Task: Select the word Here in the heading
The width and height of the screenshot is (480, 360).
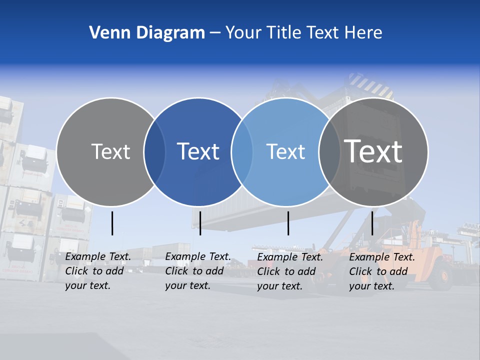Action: [x=363, y=33]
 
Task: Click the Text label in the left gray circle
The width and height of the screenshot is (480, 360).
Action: [x=110, y=151]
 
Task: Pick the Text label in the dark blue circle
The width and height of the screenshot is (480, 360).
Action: [x=198, y=151]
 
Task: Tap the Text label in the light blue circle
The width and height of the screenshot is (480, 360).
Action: [x=285, y=151]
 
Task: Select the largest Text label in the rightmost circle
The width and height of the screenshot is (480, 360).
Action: [x=373, y=151]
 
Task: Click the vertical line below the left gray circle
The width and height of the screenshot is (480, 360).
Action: [x=112, y=223]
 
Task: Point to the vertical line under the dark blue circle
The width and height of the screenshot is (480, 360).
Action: [x=200, y=223]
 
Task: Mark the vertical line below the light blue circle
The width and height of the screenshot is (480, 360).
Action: [x=288, y=223]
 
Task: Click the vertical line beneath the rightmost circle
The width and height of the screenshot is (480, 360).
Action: [x=372, y=223]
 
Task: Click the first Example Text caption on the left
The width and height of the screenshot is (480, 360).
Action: [x=98, y=271]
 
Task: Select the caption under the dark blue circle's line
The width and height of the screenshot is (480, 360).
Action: [x=198, y=271]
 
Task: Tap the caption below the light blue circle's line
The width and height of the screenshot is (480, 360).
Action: [x=290, y=271]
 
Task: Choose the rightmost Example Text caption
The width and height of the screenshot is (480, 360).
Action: [x=382, y=271]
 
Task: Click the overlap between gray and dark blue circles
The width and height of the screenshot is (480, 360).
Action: [x=154, y=152]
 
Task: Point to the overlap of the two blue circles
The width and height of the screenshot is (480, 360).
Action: [x=242, y=152]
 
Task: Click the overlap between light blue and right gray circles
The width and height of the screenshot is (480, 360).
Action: [x=329, y=152]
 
